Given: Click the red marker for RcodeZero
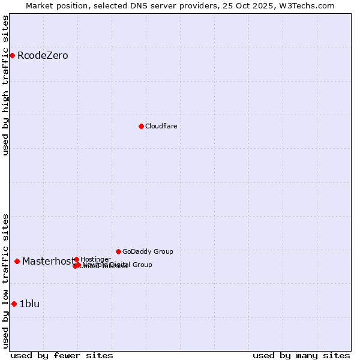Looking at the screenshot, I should (12, 56).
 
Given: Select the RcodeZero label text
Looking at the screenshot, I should (43, 56).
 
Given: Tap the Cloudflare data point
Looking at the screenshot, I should (141, 126).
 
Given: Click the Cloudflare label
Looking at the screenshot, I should (161, 126).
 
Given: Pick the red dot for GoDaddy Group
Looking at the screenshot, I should (118, 251).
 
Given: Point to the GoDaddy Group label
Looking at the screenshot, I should (148, 251).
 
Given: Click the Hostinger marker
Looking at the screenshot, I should (76, 259).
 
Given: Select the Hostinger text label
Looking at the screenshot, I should (95, 259).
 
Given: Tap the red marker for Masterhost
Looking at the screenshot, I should (17, 261).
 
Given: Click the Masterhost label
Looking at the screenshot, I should (48, 261).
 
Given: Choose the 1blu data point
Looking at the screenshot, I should (14, 304).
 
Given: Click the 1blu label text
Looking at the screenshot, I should (29, 304).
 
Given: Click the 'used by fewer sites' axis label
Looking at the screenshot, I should (62, 355).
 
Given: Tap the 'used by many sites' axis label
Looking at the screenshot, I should (301, 355).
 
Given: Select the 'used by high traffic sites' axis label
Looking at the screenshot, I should (5, 85).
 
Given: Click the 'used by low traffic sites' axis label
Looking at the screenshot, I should (5, 280).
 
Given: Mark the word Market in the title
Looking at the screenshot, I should (40, 5).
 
